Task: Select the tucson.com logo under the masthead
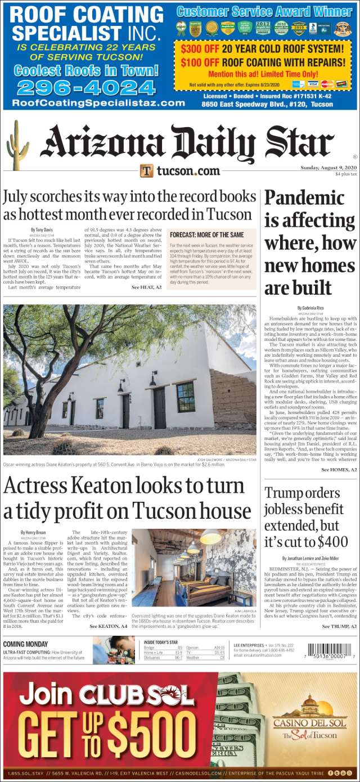(180, 170)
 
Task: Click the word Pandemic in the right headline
(304, 198)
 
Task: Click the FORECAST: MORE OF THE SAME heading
(206, 234)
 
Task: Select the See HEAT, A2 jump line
(146, 287)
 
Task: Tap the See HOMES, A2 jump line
(339, 469)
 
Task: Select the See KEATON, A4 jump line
(107, 626)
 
